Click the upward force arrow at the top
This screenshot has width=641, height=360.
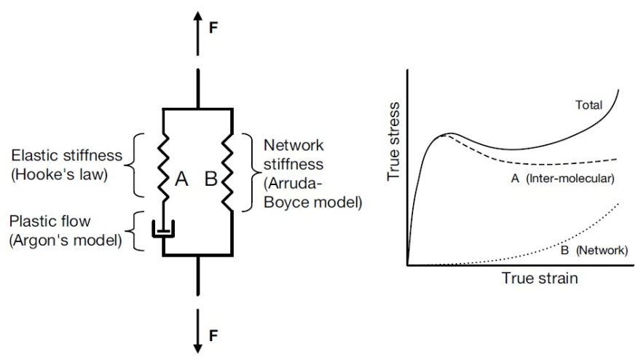[x=197, y=34]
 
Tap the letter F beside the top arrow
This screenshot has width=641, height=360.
[x=213, y=28]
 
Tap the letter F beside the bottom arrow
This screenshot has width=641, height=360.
[x=213, y=336]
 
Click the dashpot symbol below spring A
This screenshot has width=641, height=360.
[x=162, y=230]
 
